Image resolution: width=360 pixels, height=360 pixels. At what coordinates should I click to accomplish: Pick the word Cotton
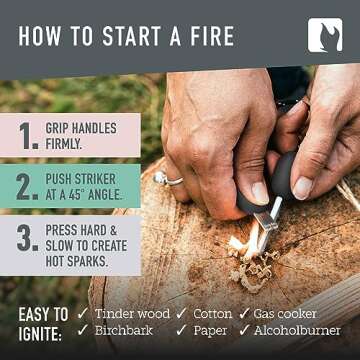pyautogui.click(x=212, y=313)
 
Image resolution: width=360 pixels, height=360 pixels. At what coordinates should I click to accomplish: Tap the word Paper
pyautogui.click(x=209, y=331)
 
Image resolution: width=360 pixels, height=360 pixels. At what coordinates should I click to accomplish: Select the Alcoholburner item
pyautogui.click(x=296, y=331)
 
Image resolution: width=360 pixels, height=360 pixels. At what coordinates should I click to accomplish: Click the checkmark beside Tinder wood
pyautogui.click(x=83, y=313)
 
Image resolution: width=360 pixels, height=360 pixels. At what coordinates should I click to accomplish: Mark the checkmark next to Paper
pyautogui.click(x=181, y=331)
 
